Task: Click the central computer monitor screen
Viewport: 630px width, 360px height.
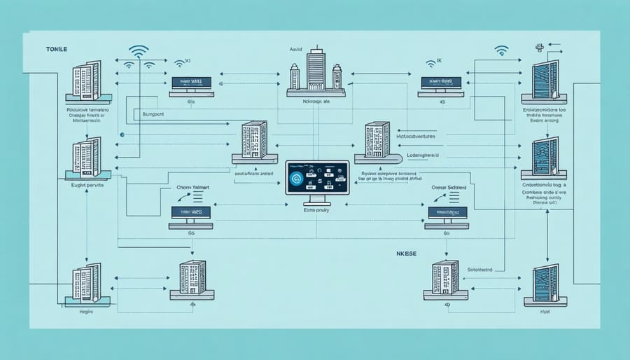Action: (x=316, y=178)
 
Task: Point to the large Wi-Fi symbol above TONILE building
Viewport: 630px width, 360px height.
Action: (x=139, y=51)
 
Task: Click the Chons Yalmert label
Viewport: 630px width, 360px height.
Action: (x=192, y=187)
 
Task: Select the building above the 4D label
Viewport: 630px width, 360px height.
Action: (x=444, y=277)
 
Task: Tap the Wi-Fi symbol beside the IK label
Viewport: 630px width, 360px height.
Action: (x=501, y=50)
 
